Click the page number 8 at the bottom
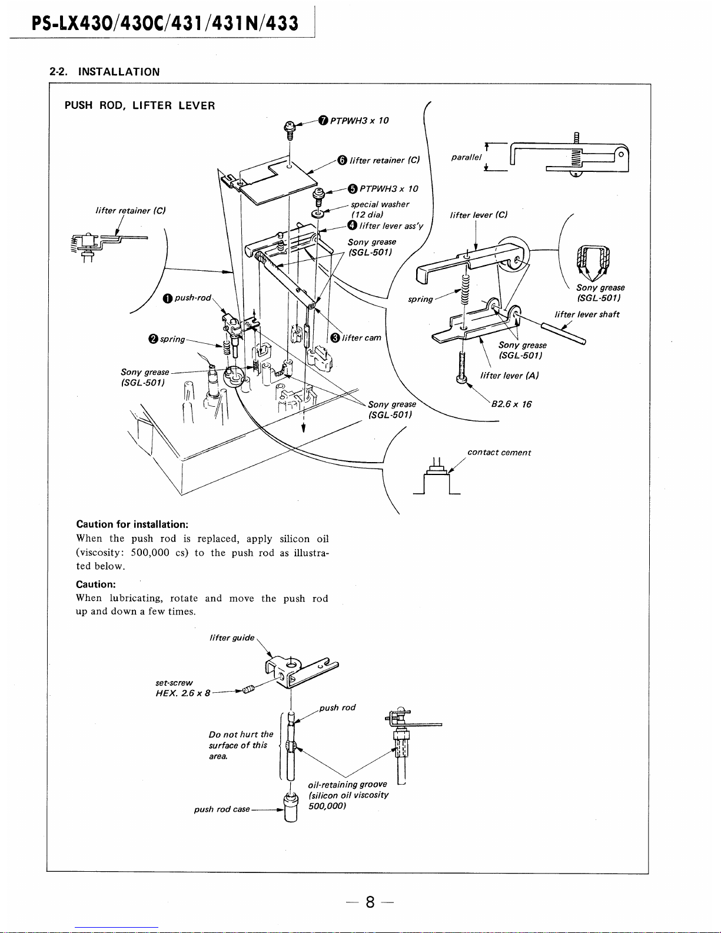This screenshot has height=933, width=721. (370, 902)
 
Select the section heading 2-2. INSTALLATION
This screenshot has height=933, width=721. (104, 72)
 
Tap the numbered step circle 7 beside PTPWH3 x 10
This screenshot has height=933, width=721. (323, 121)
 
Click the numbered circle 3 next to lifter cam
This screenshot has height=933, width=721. (334, 338)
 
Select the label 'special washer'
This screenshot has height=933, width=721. (380, 204)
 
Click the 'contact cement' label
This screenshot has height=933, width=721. (499, 453)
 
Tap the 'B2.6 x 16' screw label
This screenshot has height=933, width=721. (511, 404)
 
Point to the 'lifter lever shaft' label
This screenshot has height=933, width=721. (587, 314)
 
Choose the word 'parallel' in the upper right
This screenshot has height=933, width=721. (466, 157)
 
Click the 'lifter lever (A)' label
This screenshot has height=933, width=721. (510, 376)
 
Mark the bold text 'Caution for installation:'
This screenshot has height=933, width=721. (132, 524)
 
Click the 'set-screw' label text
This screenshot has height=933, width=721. (174, 682)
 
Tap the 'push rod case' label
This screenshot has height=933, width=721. (222, 809)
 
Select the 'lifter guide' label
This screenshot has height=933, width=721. (232, 638)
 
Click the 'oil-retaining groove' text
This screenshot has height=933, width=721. (347, 784)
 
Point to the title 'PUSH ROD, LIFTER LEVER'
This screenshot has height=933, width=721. (139, 106)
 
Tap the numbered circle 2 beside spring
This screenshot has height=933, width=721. (153, 339)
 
